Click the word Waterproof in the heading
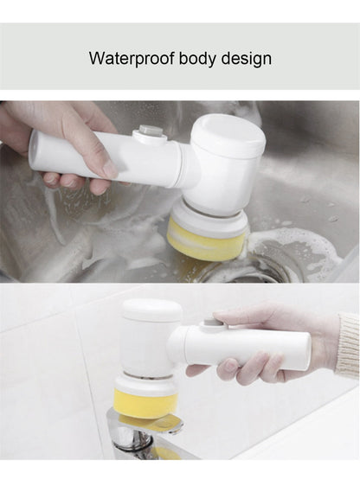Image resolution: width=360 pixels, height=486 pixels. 132,59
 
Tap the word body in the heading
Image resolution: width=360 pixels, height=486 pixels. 197,59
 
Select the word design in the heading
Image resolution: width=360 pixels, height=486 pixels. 246,59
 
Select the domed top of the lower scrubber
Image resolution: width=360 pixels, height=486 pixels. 152,310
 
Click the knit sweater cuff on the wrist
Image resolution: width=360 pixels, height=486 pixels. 349,344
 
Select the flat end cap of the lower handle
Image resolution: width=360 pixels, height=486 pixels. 307,352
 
